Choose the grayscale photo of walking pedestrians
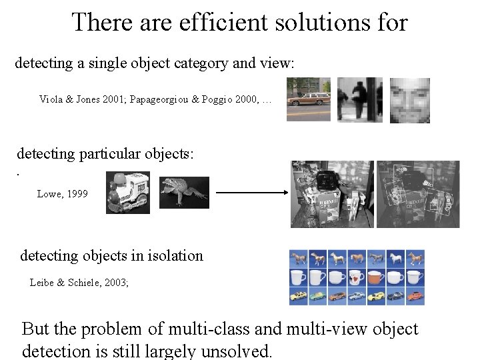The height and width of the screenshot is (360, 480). point(359,100)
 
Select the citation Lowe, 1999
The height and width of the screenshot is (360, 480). point(62,194)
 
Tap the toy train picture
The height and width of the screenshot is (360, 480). point(127,192)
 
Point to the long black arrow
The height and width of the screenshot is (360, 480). point(250,193)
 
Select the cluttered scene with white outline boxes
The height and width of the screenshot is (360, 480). point(417,193)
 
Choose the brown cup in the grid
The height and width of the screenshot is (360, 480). point(377,277)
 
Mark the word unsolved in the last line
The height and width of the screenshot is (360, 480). point(237,350)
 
